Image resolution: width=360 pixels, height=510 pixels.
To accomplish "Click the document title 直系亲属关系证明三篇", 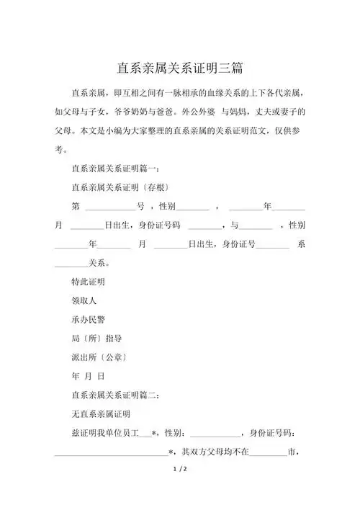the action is click(x=180, y=68).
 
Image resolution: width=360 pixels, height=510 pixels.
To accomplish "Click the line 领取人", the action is click(x=84, y=300).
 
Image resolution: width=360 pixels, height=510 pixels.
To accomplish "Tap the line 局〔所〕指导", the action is click(x=96, y=338).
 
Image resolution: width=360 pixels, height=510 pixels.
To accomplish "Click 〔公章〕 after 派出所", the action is click(x=113, y=357).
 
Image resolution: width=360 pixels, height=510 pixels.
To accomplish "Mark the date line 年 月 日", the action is click(x=88, y=376).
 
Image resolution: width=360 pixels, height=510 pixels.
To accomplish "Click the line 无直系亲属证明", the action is click(x=101, y=413).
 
